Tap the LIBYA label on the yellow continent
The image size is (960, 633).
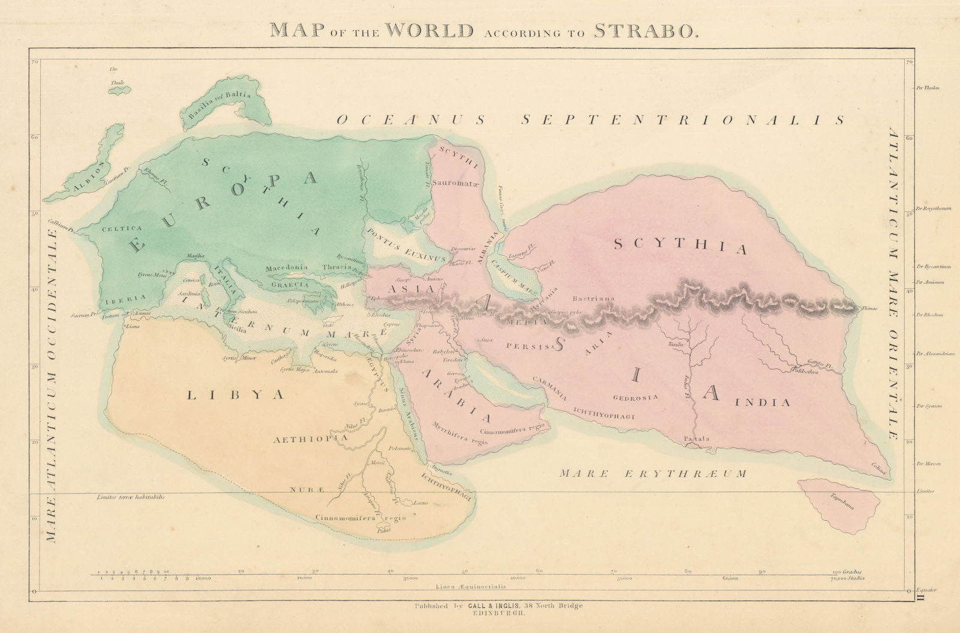coord(235,395)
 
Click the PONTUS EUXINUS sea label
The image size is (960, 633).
coord(406,243)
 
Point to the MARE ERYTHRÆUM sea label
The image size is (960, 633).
coord(653,474)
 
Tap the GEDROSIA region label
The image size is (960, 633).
coord(636,397)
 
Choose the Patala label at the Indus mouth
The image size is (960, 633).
coord(697,439)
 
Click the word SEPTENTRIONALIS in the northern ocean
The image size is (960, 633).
coord(683,120)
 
